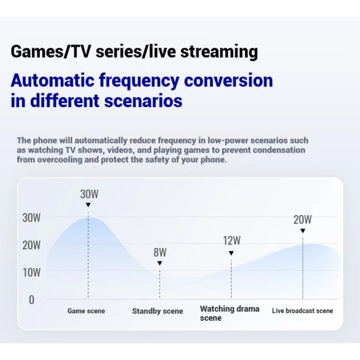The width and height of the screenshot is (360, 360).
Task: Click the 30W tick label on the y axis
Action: (31, 218)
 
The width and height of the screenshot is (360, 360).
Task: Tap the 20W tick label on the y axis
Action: (31, 245)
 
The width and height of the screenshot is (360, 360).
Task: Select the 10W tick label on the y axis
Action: (31, 273)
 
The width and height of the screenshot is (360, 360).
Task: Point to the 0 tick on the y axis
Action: (32, 300)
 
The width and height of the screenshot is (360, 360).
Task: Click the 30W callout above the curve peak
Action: (89, 194)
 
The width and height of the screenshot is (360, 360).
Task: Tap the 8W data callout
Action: (160, 252)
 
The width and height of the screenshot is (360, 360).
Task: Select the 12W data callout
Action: (232, 241)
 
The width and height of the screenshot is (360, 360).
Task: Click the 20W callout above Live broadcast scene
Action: (302, 219)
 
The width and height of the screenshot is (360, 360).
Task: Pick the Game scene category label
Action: (86, 311)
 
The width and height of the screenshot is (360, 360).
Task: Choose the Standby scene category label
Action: (158, 311)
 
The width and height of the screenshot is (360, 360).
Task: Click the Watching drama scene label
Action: (230, 313)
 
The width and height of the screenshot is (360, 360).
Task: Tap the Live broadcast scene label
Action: (302, 310)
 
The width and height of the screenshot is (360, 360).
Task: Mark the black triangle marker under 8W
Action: (160, 263)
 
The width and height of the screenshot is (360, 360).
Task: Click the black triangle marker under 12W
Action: (231, 253)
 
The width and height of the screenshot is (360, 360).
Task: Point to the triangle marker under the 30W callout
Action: (88, 205)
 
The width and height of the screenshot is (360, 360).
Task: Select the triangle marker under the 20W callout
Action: (303, 231)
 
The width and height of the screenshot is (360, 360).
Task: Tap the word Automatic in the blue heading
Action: (53, 80)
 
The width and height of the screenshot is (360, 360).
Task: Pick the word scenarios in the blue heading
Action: (143, 101)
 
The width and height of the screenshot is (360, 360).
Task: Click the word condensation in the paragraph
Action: (279, 150)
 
